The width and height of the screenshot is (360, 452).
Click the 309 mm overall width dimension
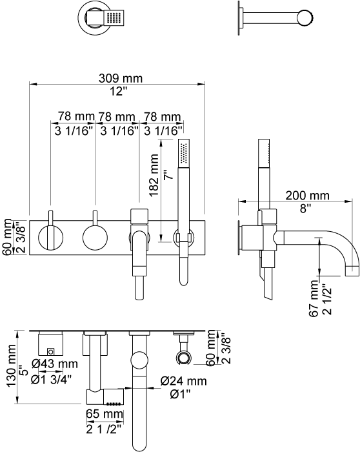click(121, 78)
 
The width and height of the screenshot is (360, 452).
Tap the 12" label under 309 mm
click(118, 92)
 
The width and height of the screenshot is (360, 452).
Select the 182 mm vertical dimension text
click(154, 175)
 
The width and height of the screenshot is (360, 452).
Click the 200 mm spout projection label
click(307, 196)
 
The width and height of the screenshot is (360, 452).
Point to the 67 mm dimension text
click(314, 298)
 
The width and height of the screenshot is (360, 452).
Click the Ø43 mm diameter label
click(55, 364)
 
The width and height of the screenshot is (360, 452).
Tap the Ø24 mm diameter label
click(183, 381)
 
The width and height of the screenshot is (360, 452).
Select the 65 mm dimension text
click(105, 414)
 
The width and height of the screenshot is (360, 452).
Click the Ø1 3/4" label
click(51, 380)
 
